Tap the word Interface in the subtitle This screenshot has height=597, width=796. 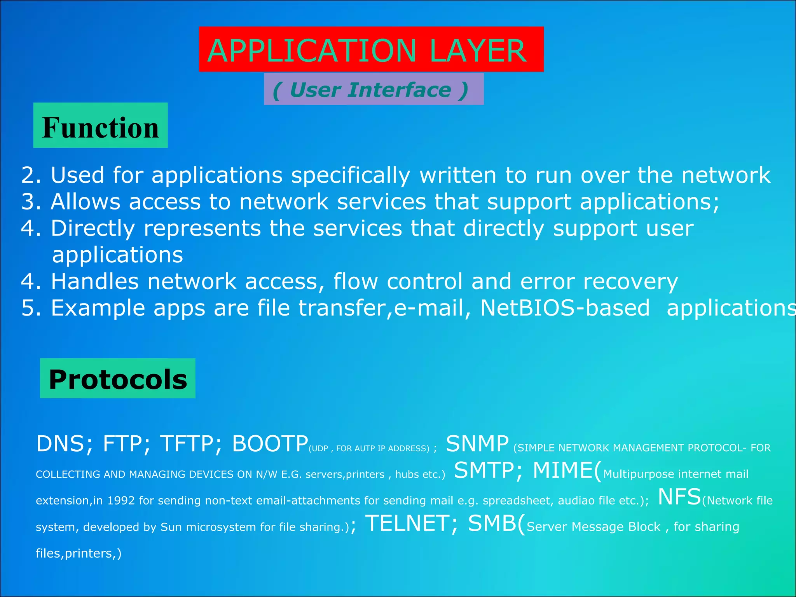click(399, 90)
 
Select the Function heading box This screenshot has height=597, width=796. click(100, 126)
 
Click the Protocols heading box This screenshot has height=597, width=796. click(118, 379)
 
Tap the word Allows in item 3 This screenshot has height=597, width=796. click(86, 202)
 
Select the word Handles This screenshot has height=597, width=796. click(95, 281)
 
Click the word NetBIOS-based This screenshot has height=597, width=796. click(565, 308)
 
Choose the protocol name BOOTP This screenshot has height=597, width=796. click(270, 444)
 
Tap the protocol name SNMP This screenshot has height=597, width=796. click(477, 444)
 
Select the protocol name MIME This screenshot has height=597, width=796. click(562, 470)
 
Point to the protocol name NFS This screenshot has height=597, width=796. click(679, 497)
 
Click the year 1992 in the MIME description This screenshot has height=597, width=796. click(120, 501)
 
